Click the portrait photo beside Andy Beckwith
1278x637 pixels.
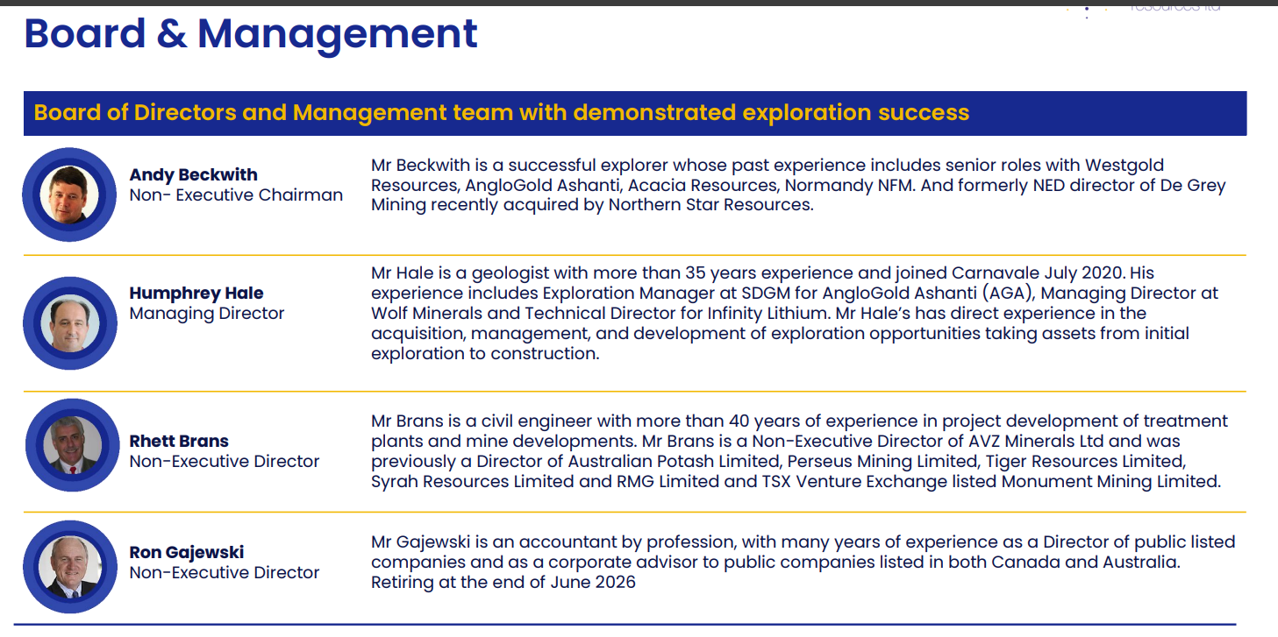[x=69, y=195]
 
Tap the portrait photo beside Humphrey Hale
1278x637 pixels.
[x=69, y=323]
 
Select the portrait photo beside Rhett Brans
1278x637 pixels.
[x=73, y=445]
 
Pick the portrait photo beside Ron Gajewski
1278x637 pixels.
[x=69, y=567]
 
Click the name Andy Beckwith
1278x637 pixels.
[x=194, y=174]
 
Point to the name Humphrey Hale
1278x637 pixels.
[x=196, y=293]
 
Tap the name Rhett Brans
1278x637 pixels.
[x=179, y=441]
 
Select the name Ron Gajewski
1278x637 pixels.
[x=187, y=552]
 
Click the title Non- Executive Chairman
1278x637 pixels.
[x=236, y=195]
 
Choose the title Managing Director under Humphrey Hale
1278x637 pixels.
[x=206, y=314]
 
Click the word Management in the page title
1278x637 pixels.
[x=337, y=34]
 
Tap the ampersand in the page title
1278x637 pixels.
[x=171, y=33]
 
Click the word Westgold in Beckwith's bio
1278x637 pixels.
[x=1124, y=166]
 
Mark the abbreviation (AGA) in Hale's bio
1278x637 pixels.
[x=1009, y=294]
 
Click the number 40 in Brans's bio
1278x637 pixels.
[x=739, y=421]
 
